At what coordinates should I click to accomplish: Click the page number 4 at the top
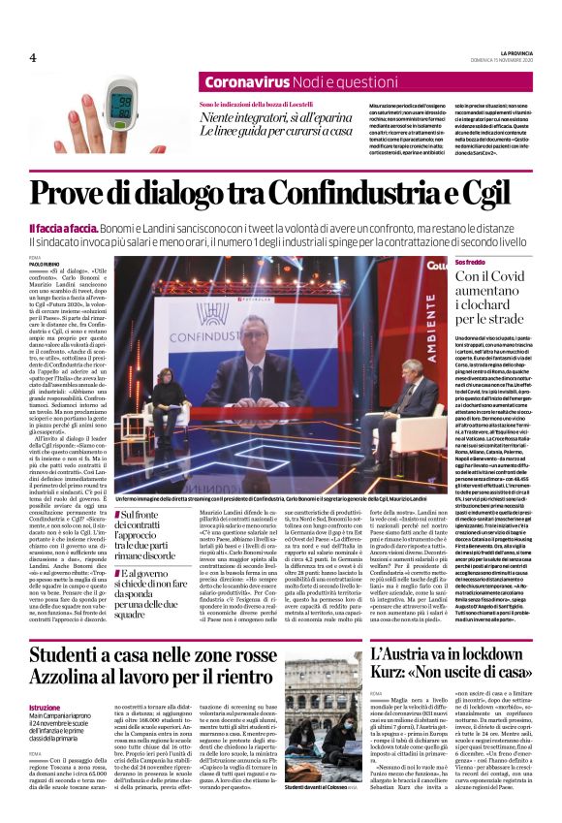click(x=32, y=57)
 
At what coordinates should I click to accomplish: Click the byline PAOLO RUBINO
click(x=44, y=264)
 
